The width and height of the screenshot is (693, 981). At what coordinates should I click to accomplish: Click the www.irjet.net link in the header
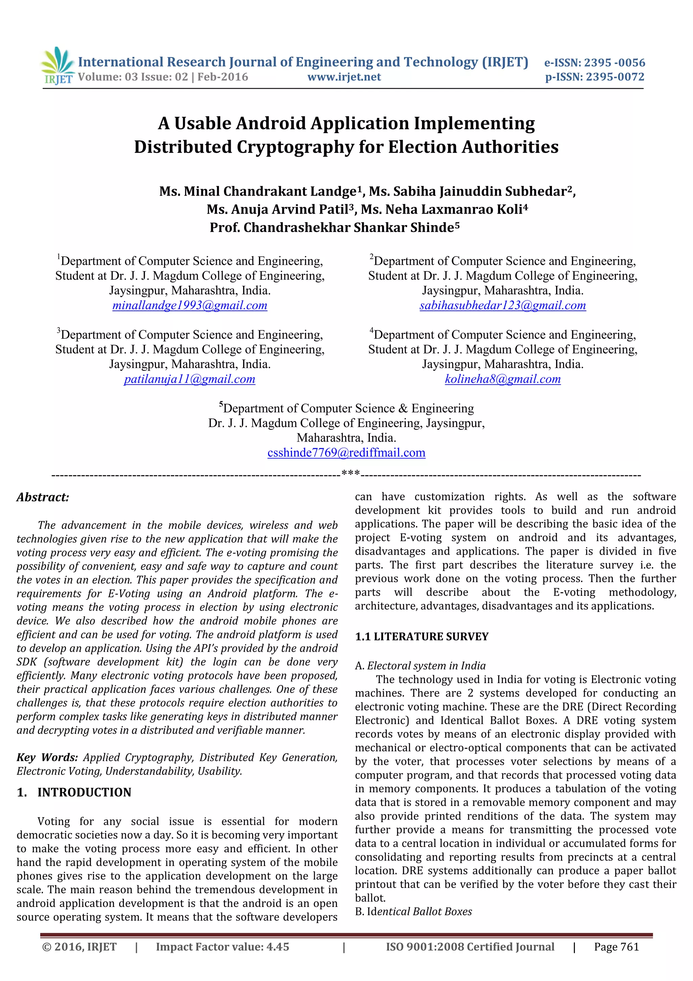pos(344,77)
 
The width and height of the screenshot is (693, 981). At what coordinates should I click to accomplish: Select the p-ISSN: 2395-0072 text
pos(595,77)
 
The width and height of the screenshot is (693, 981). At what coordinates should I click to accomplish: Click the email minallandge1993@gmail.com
pos(189,305)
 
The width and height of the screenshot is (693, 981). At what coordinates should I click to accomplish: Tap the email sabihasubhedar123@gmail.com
pos(502,305)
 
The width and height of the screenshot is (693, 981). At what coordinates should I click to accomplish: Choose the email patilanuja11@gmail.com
pos(189,379)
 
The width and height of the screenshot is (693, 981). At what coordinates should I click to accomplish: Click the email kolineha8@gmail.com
pos(502,379)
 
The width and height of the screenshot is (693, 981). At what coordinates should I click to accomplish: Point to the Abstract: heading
pos(43,497)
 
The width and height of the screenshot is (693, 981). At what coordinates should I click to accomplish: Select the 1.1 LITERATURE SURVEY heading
pos(421,637)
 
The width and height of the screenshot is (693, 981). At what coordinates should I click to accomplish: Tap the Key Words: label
pos(47,758)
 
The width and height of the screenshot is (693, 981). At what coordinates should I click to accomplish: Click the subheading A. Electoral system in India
pos(420,666)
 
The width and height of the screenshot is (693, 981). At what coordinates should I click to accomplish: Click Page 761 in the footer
pos(616,947)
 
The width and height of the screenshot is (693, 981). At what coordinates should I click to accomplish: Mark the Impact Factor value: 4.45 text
pos(222,947)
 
